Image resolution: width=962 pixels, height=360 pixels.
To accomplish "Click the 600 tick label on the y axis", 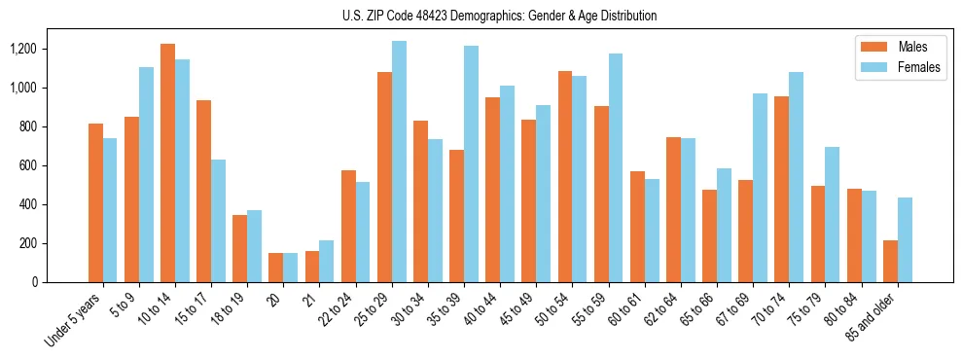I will click(x=26, y=165).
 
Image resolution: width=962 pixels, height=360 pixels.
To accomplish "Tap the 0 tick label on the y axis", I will click(x=34, y=282).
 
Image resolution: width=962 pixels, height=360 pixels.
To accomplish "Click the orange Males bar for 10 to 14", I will click(x=167, y=162).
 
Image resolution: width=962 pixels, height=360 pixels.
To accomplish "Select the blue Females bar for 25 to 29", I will click(x=399, y=162).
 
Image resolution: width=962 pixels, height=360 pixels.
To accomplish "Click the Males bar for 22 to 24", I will click(x=348, y=226).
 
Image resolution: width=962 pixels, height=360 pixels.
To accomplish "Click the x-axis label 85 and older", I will click(x=871, y=315).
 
